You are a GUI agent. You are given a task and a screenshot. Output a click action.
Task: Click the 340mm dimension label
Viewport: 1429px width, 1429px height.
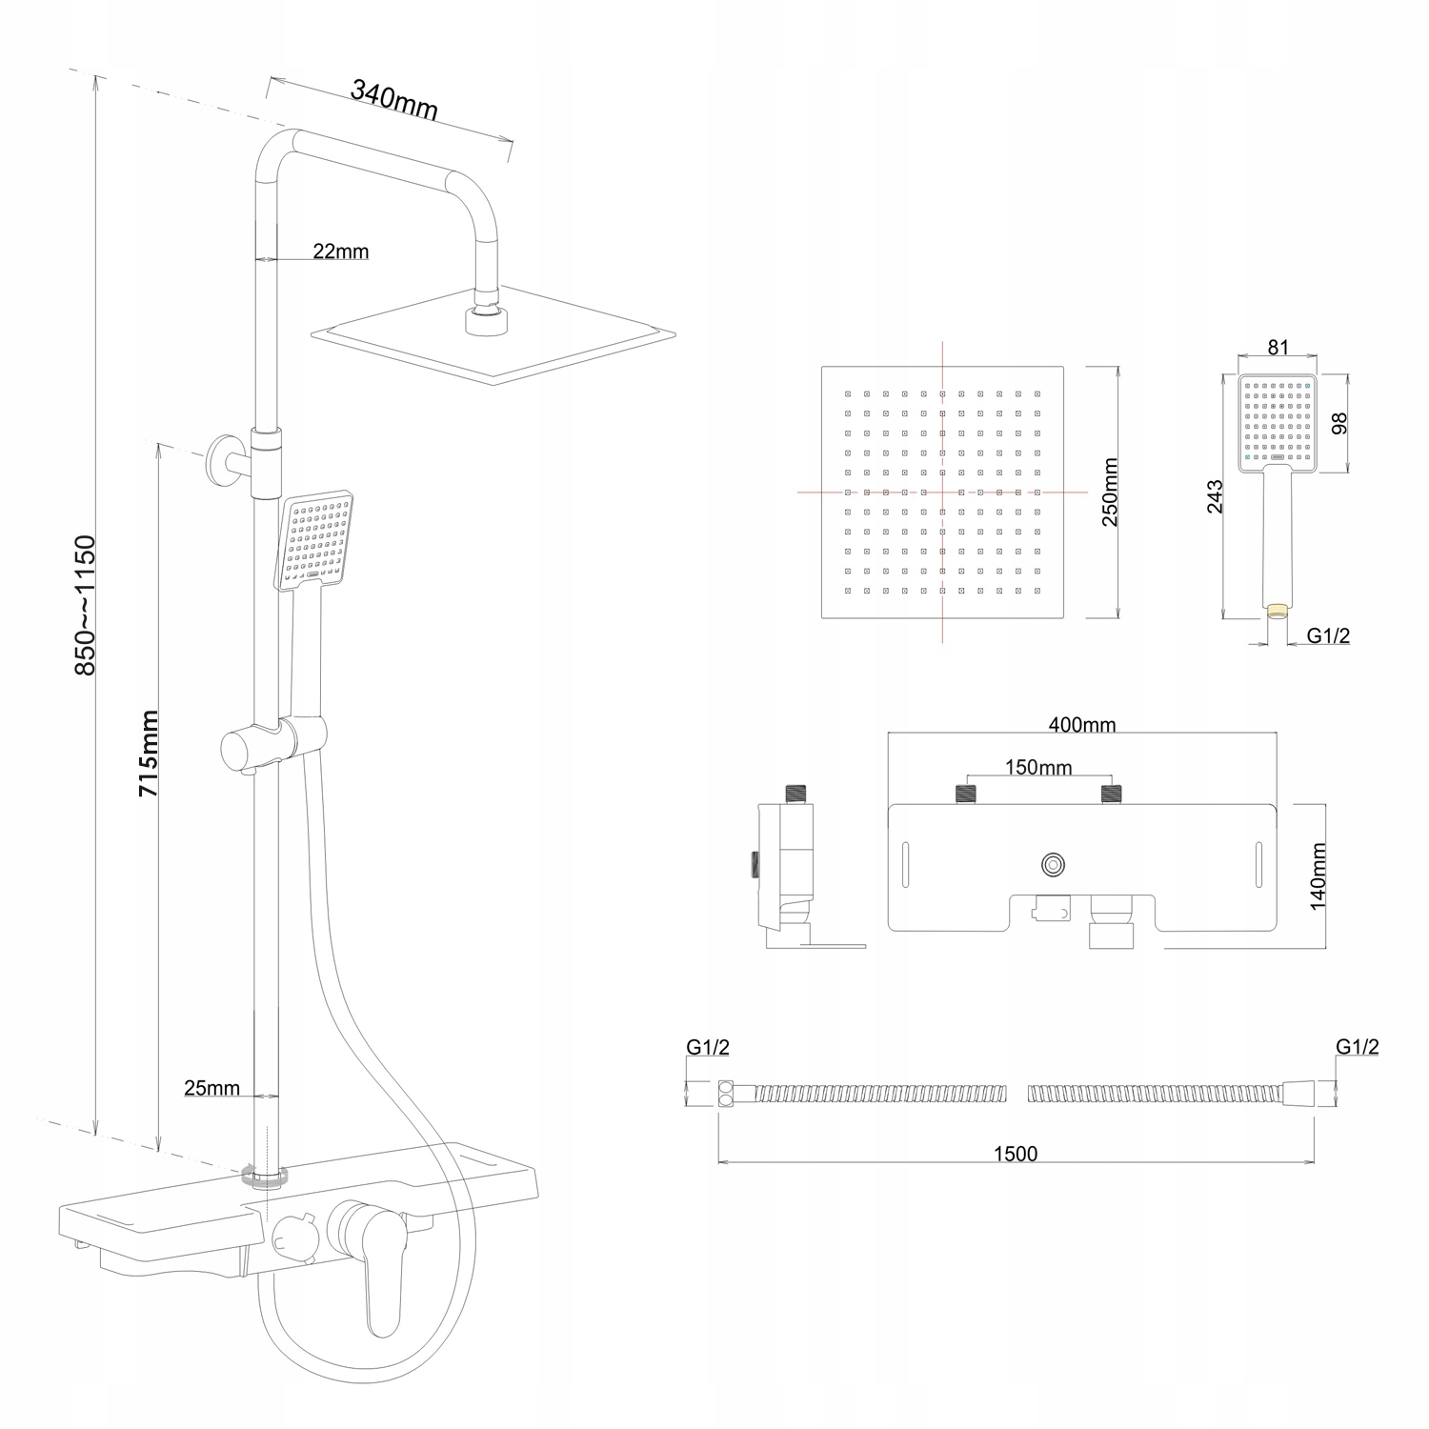(394, 100)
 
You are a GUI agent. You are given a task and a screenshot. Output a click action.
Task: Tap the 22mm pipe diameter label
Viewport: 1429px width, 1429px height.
(340, 252)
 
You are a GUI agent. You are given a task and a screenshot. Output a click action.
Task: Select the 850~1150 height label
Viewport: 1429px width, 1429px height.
(86, 605)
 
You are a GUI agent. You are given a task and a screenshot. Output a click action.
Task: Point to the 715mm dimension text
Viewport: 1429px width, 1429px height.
(149, 754)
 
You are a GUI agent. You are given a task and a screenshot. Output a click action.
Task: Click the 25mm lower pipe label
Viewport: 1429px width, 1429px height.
(211, 1087)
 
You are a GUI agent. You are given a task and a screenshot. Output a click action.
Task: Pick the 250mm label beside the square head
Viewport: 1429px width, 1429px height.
(1110, 492)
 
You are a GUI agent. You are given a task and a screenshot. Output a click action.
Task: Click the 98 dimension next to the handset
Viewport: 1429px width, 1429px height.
(1340, 424)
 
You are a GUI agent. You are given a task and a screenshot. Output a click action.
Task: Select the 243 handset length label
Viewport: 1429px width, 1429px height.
(1216, 497)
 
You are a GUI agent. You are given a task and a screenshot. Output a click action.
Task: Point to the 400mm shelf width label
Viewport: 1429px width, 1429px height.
(1081, 724)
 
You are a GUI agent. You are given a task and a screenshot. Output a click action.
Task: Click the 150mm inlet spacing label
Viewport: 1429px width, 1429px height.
(1038, 767)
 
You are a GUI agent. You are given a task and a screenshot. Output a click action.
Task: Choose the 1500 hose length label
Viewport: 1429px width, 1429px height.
(1016, 1154)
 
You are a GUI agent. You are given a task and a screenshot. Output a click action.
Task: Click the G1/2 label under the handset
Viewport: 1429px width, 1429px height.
(1328, 635)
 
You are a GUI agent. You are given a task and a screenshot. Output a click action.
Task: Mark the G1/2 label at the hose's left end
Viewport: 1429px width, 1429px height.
(708, 1047)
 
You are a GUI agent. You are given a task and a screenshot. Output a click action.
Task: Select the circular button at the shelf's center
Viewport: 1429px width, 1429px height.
(1054, 864)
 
